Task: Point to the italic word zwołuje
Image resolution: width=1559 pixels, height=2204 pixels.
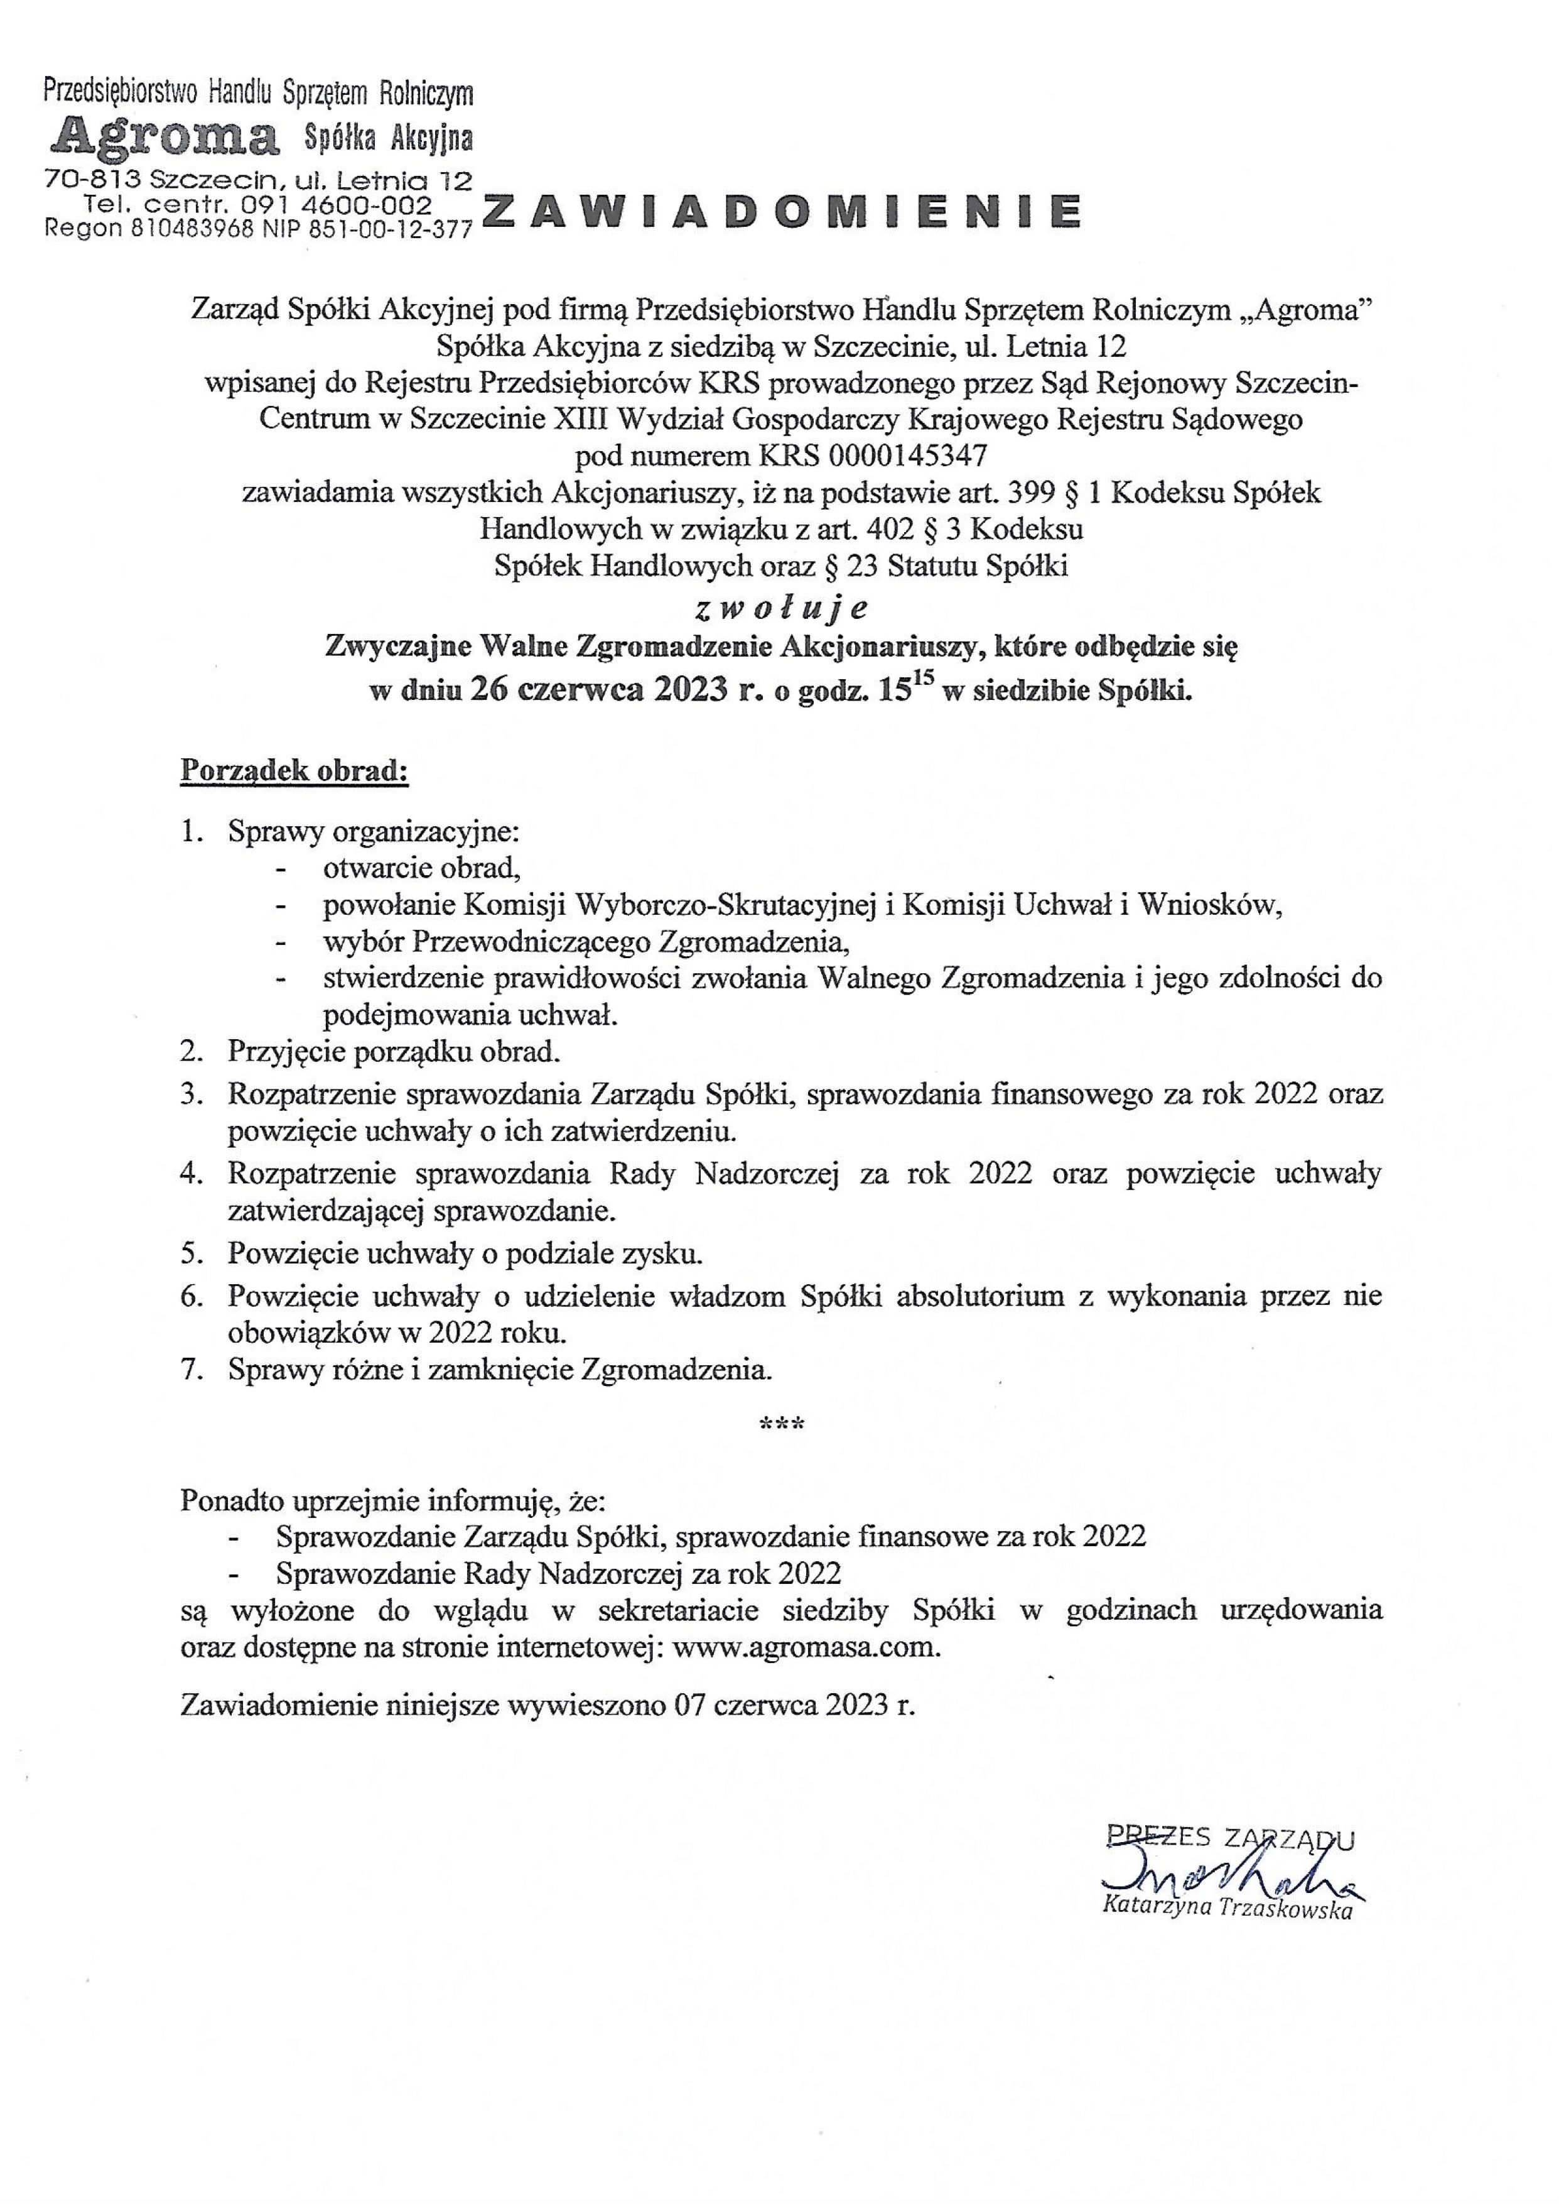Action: click(780, 608)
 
